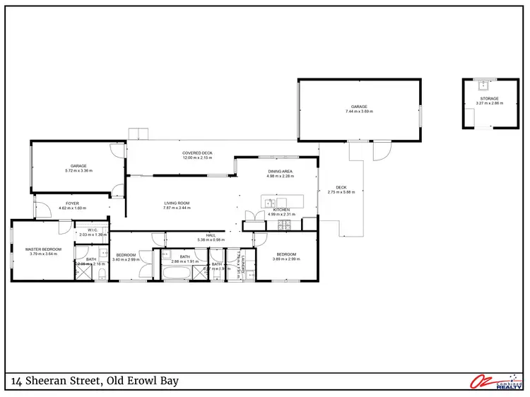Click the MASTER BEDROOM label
point(44,249)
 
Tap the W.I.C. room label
point(93,230)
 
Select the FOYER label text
point(73,203)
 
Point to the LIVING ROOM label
point(177,203)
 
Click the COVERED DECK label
point(197,153)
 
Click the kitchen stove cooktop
point(284,226)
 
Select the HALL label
point(211,235)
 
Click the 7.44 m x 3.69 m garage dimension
point(359,112)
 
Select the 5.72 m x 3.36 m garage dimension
point(78,171)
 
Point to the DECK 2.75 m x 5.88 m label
point(341,190)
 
